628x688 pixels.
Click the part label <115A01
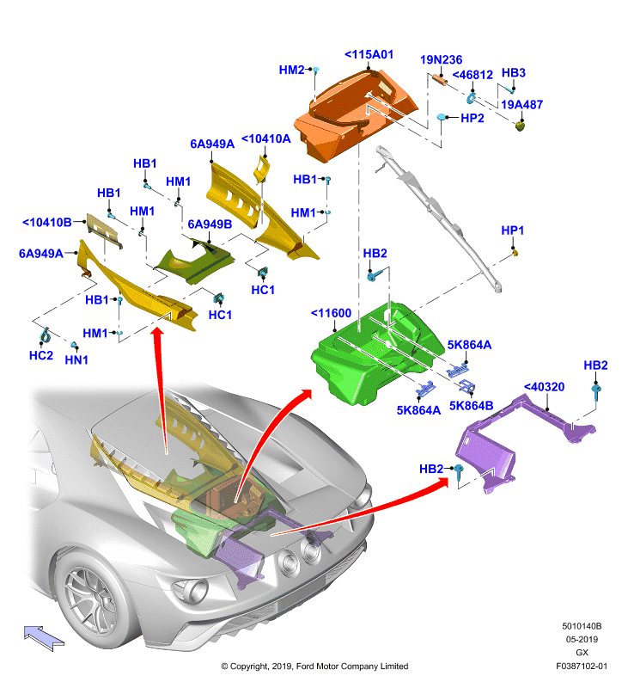coord(369,54)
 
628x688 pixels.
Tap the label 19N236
coord(441,59)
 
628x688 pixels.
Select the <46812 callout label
coord(473,75)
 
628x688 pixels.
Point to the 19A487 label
coord(522,104)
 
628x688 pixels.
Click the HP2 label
coord(473,118)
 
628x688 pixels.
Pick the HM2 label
coord(291,70)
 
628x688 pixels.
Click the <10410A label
coord(266,138)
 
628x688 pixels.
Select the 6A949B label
coord(210,224)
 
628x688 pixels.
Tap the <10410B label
coord(47,223)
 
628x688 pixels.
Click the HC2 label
coord(41,355)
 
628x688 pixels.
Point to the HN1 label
coord(76,359)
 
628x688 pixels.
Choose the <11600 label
coord(331,313)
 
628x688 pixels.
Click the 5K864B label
coord(471,405)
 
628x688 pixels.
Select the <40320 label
coord(545,387)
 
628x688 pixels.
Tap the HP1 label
coord(512,230)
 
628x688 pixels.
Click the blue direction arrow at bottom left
coord(44,638)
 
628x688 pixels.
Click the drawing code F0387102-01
coord(582,666)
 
